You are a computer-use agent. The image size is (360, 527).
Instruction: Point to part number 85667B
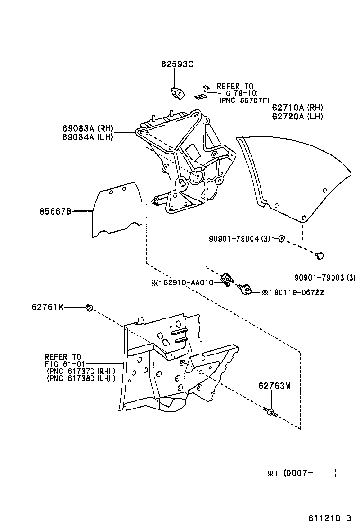point(55,212)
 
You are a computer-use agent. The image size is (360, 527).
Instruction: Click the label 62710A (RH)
point(297,107)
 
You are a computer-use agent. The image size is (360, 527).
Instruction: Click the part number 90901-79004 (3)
point(239,239)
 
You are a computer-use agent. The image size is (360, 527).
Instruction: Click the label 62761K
point(47,308)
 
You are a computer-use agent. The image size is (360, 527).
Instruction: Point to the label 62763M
point(274,386)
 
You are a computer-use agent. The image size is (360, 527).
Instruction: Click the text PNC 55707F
point(244,100)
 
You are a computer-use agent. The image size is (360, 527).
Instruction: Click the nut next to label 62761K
point(88,308)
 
